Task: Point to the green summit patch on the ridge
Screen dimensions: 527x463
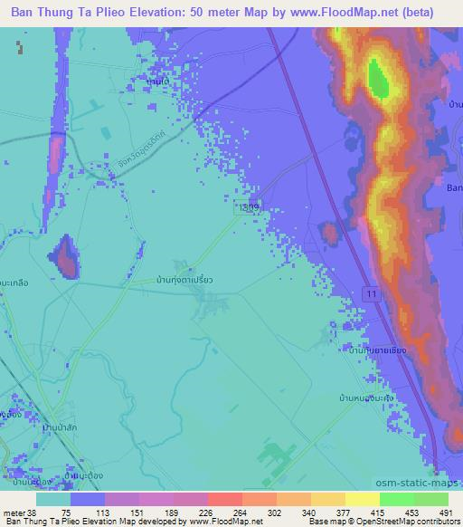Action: point(378,79)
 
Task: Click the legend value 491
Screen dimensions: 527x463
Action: point(444,512)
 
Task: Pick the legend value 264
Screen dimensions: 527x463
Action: point(239,512)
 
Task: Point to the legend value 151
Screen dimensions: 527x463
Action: point(137,512)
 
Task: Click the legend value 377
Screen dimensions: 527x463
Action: point(341,512)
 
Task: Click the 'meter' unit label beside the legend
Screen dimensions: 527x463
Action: point(15,512)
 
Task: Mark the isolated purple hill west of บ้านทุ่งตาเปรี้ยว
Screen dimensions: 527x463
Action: point(66,257)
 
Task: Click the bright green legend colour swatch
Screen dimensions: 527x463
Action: point(396,499)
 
